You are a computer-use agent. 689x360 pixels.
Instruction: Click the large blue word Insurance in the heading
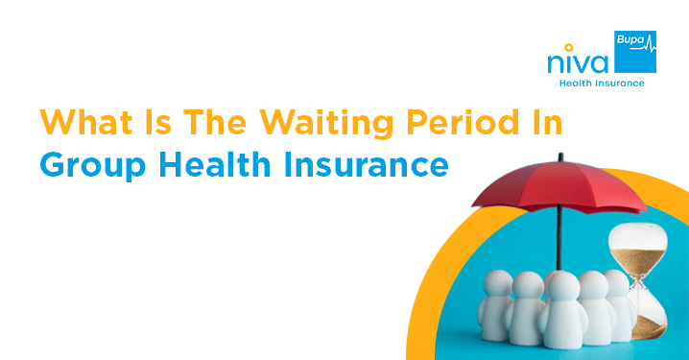375,165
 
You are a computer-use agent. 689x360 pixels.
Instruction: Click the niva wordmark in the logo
577,63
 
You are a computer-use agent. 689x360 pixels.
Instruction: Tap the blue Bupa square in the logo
634,54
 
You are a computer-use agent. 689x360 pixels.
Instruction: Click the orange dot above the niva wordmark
571,45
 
